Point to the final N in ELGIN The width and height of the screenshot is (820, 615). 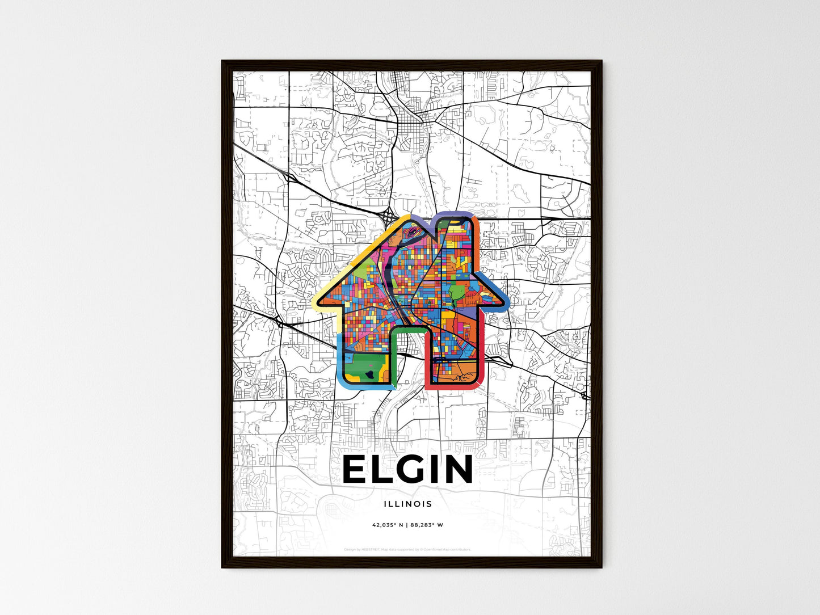point(457,469)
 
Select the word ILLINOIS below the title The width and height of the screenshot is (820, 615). point(407,504)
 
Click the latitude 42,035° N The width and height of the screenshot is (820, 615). point(388,525)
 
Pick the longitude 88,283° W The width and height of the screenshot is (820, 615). point(426,525)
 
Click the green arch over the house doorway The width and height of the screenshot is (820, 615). point(407,330)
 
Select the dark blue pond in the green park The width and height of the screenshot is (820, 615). point(369,375)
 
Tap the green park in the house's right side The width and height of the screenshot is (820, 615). point(456,294)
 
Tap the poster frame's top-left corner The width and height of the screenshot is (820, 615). point(222,61)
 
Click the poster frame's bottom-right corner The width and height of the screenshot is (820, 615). point(601,566)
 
